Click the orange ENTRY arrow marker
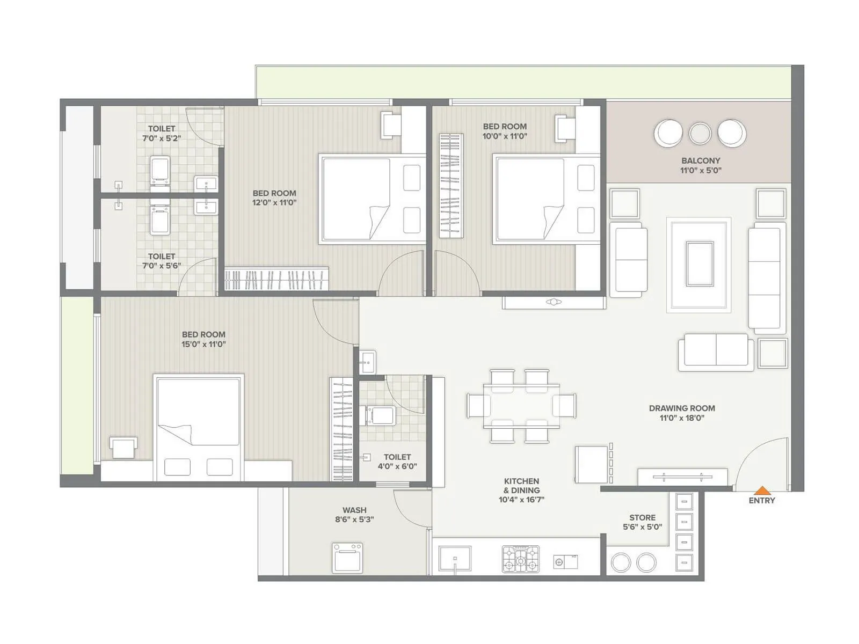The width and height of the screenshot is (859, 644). (762, 490)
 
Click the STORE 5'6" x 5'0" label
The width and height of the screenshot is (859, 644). (642, 522)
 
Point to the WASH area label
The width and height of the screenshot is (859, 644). (354, 514)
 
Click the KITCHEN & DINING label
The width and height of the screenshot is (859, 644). (521, 490)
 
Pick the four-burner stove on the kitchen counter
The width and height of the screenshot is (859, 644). (520, 559)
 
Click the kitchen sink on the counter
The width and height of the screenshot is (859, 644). (455, 559)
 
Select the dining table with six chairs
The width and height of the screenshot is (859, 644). (521, 406)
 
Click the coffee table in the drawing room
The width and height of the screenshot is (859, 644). (700, 264)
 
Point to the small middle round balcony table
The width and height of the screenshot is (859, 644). (700, 133)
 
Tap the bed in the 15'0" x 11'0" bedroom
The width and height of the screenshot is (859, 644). (199, 427)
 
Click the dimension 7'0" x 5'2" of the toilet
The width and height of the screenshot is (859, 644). (161, 138)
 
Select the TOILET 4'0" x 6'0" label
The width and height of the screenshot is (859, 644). (397, 462)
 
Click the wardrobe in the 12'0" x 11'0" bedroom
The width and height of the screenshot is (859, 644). (276, 279)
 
